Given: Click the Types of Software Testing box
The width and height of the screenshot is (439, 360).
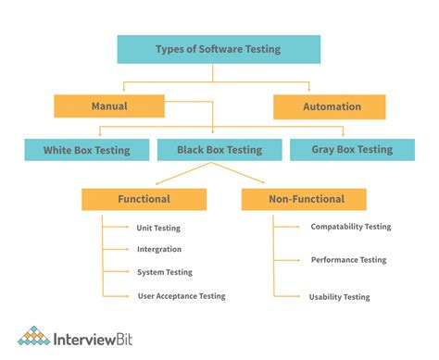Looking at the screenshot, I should (x=219, y=49).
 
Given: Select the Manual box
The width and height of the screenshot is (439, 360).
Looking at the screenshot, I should (x=109, y=106).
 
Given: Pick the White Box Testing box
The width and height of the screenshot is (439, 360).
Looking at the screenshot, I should (x=86, y=149).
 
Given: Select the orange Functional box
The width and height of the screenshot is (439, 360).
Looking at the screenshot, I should (x=144, y=199).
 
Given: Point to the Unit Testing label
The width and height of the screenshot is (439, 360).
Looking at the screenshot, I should (x=157, y=228).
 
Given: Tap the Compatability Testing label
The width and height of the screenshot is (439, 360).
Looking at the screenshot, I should (x=350, y=227).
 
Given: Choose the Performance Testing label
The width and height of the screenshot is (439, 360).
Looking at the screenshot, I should (x=348, y=260).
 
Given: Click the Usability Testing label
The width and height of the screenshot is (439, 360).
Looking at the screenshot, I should (x=339, y=297).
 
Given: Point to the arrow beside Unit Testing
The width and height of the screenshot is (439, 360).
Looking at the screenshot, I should (x=119, y=228).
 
